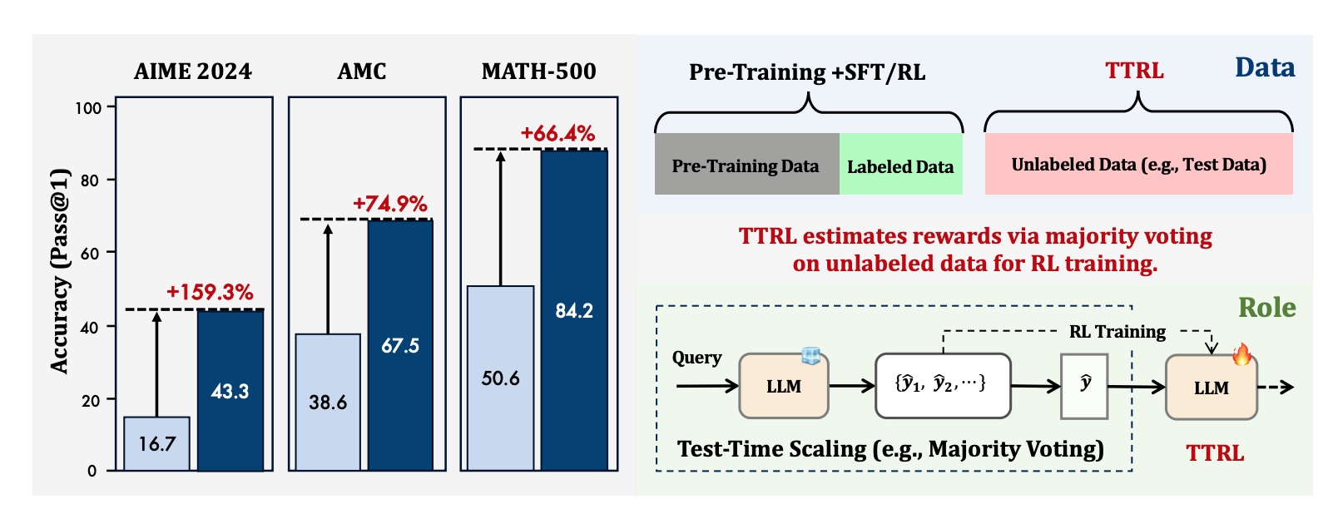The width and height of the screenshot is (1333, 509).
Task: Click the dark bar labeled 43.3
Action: (x=230, y=390)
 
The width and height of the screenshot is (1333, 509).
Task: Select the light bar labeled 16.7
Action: (x=157, y=443)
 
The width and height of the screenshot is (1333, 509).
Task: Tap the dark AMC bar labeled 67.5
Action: (x=400, y=345)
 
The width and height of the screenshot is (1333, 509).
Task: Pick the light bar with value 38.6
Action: (x=328, y=402)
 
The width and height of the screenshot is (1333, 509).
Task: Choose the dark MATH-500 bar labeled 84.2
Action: (x=574, y=310)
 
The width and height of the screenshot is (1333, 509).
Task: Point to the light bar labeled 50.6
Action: (x=500, y=378)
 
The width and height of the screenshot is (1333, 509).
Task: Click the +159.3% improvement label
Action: (x=210, y=292)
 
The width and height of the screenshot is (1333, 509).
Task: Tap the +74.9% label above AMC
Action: (x=389, y=204)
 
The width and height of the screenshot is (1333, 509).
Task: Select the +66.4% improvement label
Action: (x=557, y=133)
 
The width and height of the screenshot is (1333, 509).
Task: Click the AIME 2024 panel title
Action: (x=193, y=72)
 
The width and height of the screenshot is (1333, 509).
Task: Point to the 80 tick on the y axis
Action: (x=89, y=180)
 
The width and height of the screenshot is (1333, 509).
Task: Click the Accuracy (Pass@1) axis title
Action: (x=59, y=271)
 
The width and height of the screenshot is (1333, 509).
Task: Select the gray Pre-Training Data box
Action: (x=746, y=165)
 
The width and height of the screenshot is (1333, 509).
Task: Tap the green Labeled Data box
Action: (x=900, y=165)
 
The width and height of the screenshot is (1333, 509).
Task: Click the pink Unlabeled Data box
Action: (x=1138, y=164)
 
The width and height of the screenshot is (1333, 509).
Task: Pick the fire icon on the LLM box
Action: (x=1242, y=355)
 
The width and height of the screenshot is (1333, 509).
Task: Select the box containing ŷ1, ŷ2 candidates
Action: (x=943, y=385)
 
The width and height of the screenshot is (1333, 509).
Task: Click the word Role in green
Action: (x=1266, y=308)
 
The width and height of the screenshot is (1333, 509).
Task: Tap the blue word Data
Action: (x=1265, y=68)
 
